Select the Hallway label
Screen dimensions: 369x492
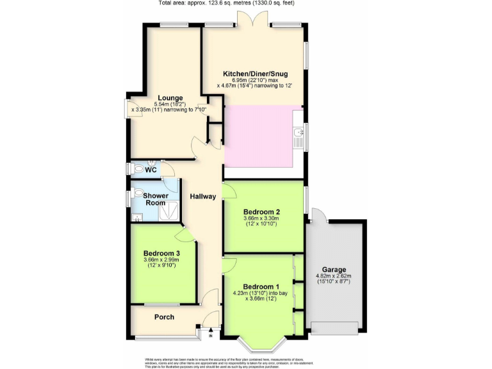click(202, 196)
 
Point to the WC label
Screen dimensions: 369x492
click(151, 170)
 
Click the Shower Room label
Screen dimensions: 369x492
click(155, 199)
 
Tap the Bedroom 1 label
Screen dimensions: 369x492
click(259, 286)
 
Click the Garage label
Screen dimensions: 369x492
click(334, 270)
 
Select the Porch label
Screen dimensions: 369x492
click(165, 317)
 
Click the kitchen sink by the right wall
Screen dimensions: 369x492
click(298, 133)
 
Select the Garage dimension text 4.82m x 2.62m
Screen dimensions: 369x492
click(334, 277)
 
